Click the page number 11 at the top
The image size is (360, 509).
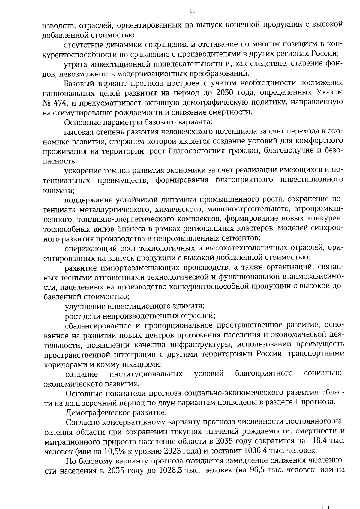[192, 11]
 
